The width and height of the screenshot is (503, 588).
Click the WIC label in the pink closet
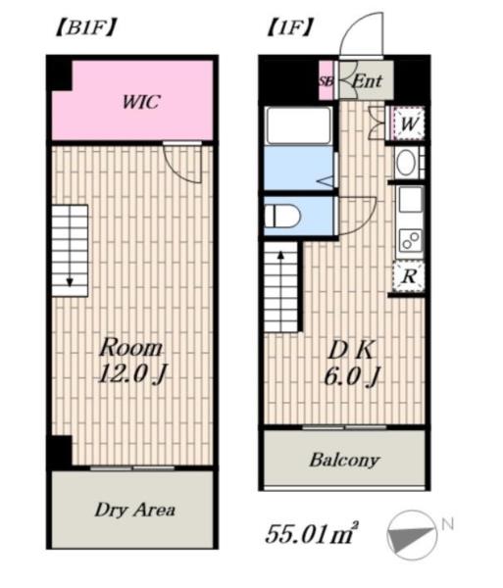(x=141, y=102)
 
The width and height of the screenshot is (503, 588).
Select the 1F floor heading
(x=289, y=27)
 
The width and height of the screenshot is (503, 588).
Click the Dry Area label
(x=134, y=511)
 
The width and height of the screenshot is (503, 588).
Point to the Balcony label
(x=344, y=461)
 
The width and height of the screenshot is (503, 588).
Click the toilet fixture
(x=282, y=217)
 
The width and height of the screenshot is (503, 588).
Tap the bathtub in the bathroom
(x=299, y=125)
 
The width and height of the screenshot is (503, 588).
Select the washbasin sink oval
(x=407, y=163)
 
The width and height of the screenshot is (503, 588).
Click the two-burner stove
(x=411, y=240)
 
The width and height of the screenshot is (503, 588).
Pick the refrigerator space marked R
(x=409, y=276)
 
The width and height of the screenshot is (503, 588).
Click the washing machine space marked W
(x=408, y=123)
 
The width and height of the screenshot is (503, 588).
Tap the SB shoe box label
(x=326, y=81)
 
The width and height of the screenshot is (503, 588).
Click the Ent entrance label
(x=368, y=81)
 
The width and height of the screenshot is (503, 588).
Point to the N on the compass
(x=447, y=524)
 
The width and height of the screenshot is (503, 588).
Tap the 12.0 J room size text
(x=131, y=374)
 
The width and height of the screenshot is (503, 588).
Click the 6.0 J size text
(x=352, y=376)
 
